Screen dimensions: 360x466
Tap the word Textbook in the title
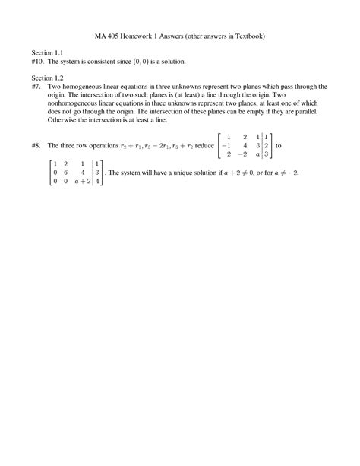tap(248, 35)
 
